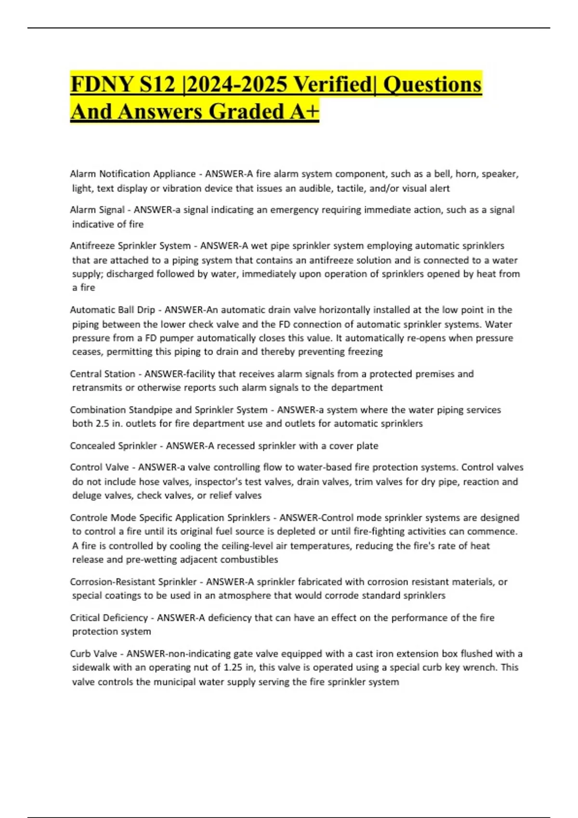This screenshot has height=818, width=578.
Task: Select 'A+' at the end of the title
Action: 304,112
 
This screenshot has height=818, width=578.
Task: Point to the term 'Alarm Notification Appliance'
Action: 132,174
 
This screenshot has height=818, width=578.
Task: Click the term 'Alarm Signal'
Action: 97,210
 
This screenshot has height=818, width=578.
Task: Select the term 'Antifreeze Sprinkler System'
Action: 130,246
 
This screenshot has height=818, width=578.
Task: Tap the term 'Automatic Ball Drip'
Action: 112,310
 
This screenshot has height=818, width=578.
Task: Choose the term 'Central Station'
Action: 103,374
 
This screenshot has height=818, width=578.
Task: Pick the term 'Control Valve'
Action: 99,467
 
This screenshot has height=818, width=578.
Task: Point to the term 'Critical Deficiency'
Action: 109,618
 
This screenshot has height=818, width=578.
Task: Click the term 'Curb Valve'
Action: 93,654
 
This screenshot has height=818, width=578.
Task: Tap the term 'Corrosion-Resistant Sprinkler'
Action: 133,582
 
